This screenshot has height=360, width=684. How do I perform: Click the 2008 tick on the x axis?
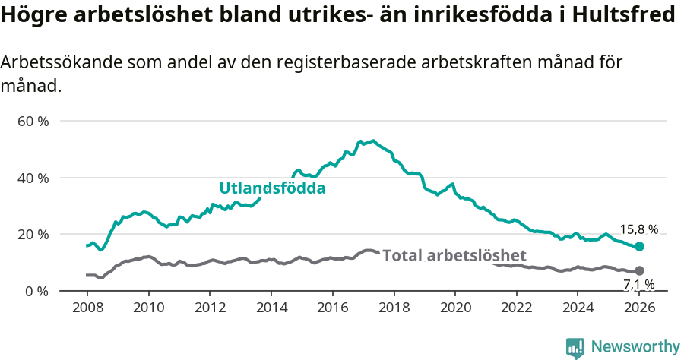tap(87, 307)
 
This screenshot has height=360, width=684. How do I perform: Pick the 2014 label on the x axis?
tap(271, 307)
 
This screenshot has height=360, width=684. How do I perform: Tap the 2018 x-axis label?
tap(394, 307)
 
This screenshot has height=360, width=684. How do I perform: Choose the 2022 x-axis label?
tap(517, 307)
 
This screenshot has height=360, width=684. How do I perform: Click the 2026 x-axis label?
tap(639, 307)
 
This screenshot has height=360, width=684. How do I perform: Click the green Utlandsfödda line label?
tap(272, 188)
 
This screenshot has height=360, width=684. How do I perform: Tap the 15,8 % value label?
tap(638, 229)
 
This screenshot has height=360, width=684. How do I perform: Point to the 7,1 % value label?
tap(638, 285)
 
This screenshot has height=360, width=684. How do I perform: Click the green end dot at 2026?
tap(639, 246)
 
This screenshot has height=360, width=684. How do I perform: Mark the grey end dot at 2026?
tap(639, 270)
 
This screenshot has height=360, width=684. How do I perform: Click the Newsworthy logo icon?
tap(575, 347)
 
